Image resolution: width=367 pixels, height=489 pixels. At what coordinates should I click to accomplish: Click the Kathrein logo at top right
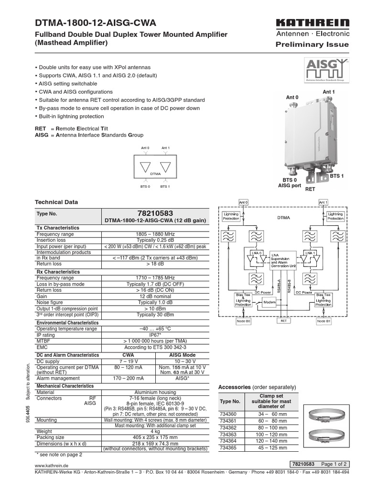click(313, 23)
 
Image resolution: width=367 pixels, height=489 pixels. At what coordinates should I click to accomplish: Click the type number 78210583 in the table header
click(155, 213)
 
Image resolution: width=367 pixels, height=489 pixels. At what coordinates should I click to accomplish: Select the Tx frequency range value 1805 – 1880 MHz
click(155, 234)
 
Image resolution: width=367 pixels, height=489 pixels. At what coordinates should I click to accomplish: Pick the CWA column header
click(129, 355)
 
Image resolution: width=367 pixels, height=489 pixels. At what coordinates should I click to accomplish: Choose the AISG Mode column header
click(182, 355)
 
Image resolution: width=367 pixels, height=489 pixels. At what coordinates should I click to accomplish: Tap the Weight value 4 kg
click(155, 431)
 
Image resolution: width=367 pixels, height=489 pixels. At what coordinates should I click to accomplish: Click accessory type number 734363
click(228, 435)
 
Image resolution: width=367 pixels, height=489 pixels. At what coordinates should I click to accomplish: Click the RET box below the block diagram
click(283, 321)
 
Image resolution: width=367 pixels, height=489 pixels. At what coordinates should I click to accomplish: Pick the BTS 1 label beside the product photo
click(336, 176)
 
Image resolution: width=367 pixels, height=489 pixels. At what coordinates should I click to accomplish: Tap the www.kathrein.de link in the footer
click(51, 464)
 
